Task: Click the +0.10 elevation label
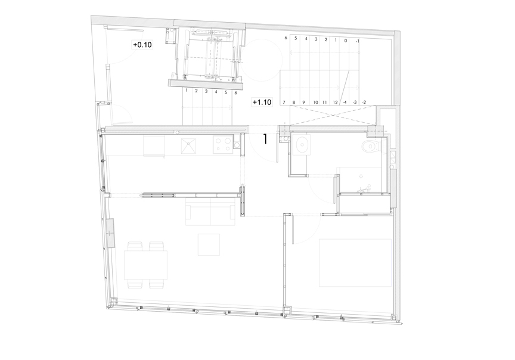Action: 142,44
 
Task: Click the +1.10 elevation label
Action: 262,102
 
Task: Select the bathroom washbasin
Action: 302,144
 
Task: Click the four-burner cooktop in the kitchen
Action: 222,145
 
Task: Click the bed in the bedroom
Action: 355,263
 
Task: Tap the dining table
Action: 145,265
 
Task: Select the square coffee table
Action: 209,244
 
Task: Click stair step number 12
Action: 335,102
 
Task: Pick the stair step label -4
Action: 345,102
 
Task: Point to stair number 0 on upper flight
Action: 346,41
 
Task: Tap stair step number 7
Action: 284,102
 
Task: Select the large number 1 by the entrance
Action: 265,139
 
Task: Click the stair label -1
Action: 357,41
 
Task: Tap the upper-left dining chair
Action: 135,246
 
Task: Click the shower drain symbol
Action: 361,176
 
